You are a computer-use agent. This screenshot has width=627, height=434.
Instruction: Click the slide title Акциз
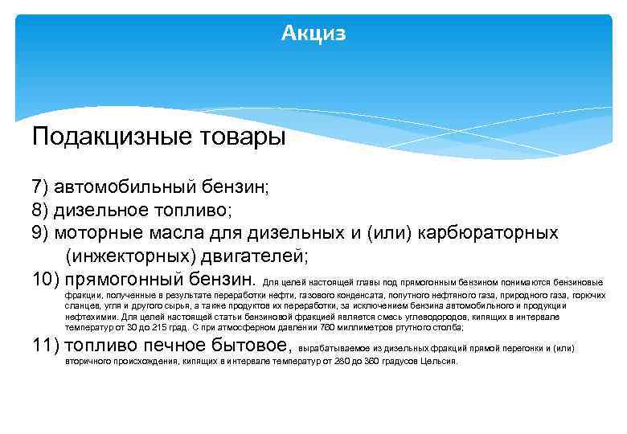pos(313,33)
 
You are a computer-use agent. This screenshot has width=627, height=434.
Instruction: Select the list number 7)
pos(41,187)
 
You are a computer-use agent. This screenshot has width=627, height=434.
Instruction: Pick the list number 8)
pos(41,211)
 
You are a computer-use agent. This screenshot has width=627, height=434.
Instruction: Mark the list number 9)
pos(41,234)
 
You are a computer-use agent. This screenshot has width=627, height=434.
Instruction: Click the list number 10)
pos(46,280)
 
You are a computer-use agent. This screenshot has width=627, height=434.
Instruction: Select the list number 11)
pos(46,346)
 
